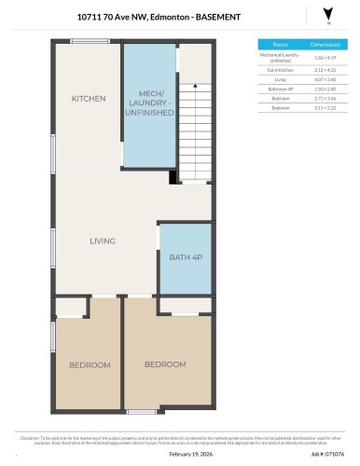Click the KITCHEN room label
click(89, 99)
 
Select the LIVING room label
click(103, 241)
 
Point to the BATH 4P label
click(185, 258)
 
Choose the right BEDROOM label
click(164, 363)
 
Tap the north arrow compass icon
click(326, 13)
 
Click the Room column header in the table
click(280, 44)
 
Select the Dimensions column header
click(325, 44)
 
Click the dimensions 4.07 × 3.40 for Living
click(325, 80)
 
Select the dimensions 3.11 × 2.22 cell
click(325, 108)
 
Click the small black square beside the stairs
click(173, 177)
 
